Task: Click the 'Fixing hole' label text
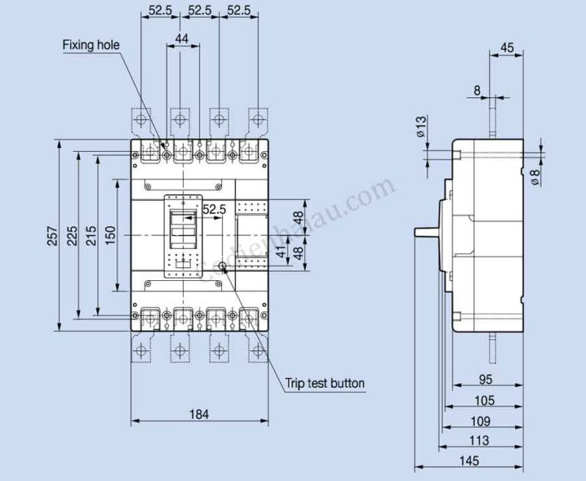(x=91, y=45)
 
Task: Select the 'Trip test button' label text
(x=325, y=383)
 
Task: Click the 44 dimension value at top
(x=182, y=38)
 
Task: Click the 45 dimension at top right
(x=507, y=48)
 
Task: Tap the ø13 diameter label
(x=421, y=127)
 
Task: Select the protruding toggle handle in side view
(x=426, y=231)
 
